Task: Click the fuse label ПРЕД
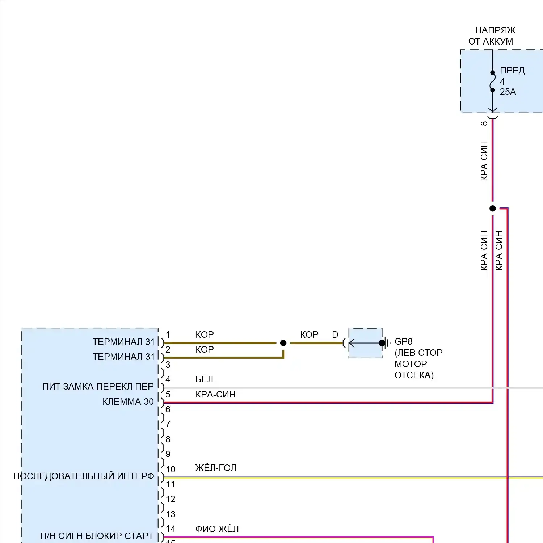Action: (512, 70)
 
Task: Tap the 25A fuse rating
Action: (508, 92)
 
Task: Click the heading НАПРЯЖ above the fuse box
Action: (495, 30)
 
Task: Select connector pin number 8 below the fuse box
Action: (484, 123)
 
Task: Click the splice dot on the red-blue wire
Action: (492, 209)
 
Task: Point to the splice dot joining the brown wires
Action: (283, 343)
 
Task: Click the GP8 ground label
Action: (403, 341)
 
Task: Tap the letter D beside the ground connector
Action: (335, 335)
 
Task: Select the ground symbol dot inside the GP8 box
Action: (382, 343)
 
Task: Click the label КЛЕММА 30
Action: (128, 401)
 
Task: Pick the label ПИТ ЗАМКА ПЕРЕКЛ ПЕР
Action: (98, 386)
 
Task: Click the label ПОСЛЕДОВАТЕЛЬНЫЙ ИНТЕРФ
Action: (84, 476)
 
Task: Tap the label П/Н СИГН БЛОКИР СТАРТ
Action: (97, 536)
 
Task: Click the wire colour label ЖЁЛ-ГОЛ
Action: (216, 468)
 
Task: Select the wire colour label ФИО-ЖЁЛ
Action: (217, 529)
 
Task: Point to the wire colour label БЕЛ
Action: (204, 379)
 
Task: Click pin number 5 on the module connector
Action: (168, 394)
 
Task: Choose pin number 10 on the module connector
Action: (171, 469)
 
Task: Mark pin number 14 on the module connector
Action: (171, 529)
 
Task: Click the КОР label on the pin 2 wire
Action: (205, 349)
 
